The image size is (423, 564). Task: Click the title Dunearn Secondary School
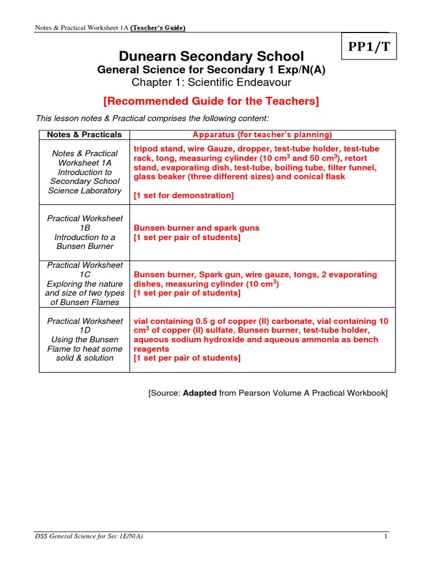(x=211, y=56)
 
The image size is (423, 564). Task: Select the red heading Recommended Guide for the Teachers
(x=211, y=101)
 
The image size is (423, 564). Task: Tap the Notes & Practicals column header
(x=84, y=134)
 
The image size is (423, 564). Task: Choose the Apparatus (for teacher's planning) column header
(x=262, y=134)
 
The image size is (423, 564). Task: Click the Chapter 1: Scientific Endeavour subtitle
(x=211, y=83)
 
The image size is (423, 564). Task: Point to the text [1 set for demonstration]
(x=183, y=195)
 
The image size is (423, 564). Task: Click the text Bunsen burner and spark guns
(x=196, y=227)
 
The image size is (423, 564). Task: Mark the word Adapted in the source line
(x=200, y=393)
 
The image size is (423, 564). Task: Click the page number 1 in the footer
(x=386, y=536)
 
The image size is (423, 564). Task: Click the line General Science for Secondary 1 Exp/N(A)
(x=211, y=70)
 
